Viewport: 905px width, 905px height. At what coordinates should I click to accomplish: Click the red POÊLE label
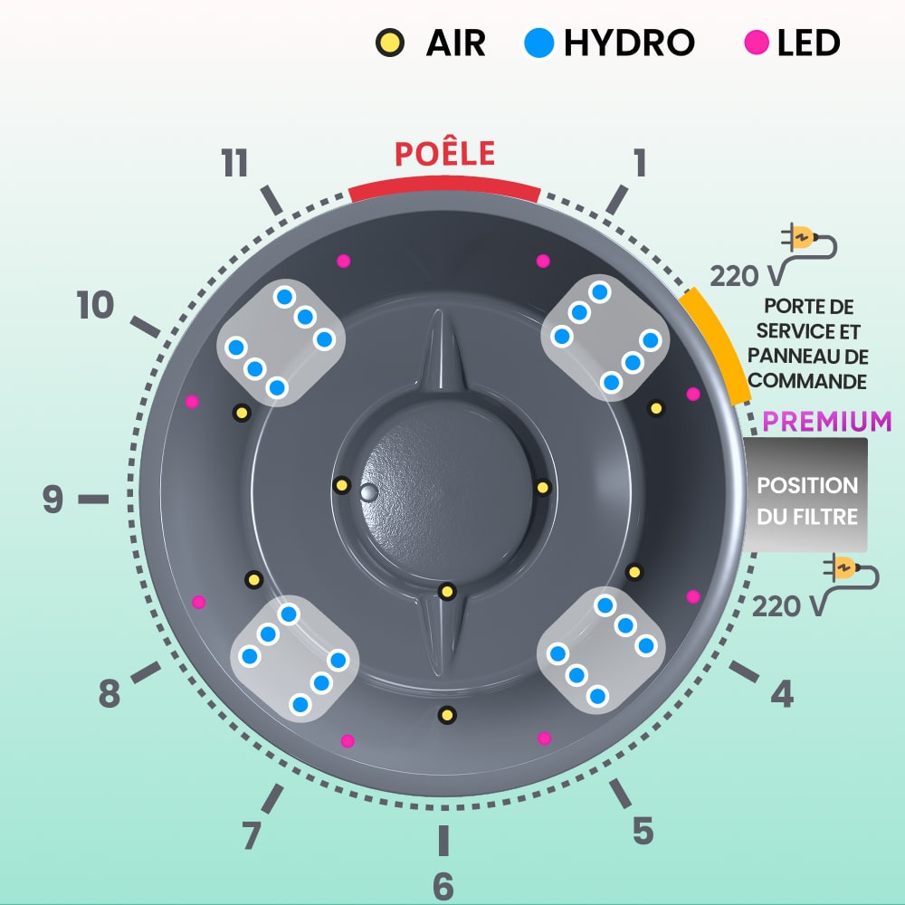444,153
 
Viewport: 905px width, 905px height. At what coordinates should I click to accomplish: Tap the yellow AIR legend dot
390,43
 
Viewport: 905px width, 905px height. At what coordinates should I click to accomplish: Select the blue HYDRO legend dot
539,43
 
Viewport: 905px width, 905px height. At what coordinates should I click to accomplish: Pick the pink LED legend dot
757,43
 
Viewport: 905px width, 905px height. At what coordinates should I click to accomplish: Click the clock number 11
235,163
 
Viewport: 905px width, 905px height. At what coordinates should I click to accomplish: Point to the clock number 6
443,886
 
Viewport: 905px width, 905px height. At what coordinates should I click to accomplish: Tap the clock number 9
52,500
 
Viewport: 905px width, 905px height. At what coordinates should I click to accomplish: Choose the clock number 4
782,694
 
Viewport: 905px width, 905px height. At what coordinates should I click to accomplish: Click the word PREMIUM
827,422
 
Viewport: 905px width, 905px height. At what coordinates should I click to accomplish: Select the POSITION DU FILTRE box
805,495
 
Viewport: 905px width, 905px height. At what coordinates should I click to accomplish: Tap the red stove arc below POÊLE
444,188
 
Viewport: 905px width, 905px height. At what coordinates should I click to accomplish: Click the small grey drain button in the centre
369,492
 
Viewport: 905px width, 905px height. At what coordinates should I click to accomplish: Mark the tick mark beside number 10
145,327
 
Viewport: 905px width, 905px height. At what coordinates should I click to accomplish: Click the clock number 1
640,163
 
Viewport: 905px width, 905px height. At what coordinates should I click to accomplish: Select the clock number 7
252,835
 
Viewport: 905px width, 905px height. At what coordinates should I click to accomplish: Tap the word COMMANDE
807,381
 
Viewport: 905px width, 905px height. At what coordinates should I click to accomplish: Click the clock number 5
643,831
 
